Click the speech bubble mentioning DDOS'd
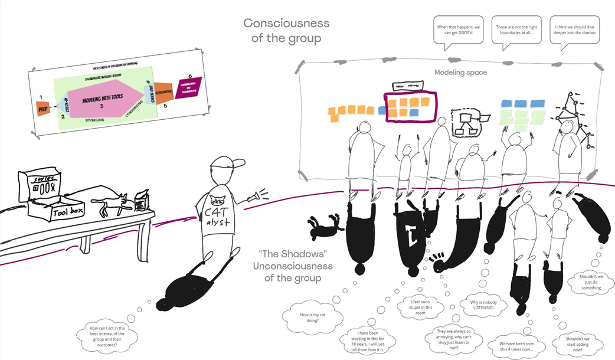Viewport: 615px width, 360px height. (x=457, y=30)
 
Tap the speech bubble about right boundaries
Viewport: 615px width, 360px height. (x=517, y=30)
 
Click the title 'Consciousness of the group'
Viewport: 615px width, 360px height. (x=286, y=31)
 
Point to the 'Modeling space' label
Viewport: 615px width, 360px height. (x=461, y=72)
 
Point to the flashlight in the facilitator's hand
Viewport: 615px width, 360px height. (x=256, y=194)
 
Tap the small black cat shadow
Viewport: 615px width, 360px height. (x=323, y=225)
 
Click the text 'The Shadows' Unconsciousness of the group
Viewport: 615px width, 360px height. (x=293, y=266)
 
